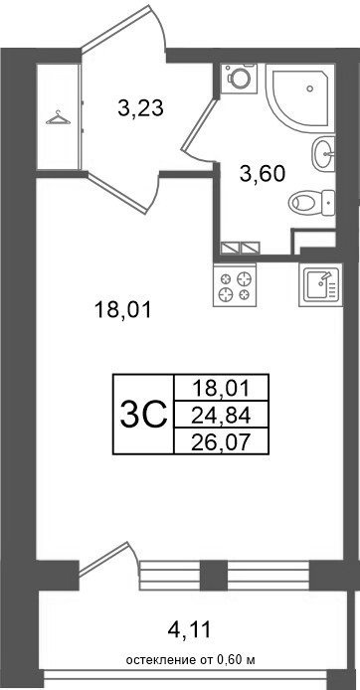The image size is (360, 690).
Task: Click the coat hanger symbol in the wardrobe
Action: tap(58, 117)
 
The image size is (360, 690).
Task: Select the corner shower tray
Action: tap(300, 96)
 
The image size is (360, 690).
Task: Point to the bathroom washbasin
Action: tap(323, 153)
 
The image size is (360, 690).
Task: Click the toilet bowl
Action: tap(311, 203)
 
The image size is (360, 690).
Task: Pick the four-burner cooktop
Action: tap(235, 284)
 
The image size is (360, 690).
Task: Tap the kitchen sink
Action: tap(320, 284)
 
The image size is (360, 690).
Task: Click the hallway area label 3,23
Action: tap(140, 108)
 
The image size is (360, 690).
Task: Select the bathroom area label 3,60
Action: tap(263, 174)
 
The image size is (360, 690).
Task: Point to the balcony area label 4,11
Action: tap(190, 630)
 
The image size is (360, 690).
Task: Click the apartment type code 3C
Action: tap(144, 415)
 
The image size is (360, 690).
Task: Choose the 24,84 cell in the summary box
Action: tap(222, 415)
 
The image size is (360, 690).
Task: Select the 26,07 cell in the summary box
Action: tap(222, 440)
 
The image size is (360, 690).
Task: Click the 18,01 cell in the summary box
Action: tap(222, 388)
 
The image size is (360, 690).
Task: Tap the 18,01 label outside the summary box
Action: tap(122, 310)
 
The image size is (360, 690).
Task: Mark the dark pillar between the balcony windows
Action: tap(214, 575)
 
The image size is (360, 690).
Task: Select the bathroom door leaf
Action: tap(199, 125)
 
